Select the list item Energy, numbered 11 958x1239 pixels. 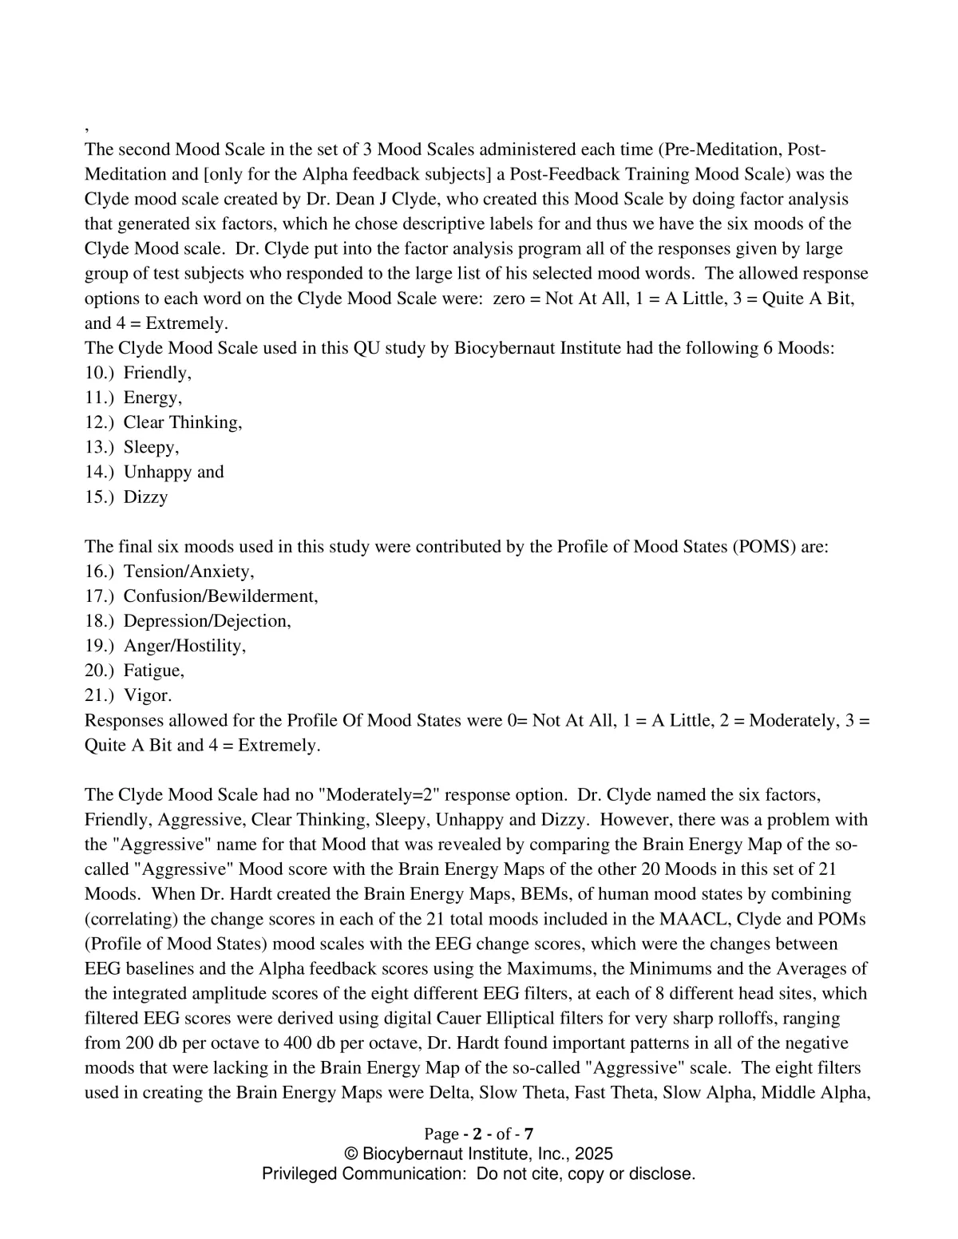[152, 398]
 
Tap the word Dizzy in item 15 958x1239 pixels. [145, 497]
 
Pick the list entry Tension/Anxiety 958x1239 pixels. [188, 572]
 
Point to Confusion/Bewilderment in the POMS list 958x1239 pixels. [220, 596]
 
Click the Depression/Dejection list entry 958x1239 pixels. [207, 621]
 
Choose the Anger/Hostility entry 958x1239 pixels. [184, 646]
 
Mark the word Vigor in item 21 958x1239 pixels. [147, 695]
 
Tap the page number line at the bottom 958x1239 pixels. [478, 1134]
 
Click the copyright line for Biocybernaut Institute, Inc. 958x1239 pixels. [478, 1154]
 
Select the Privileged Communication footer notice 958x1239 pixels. [478, 1174]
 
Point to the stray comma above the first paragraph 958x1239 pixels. [86, 128]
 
